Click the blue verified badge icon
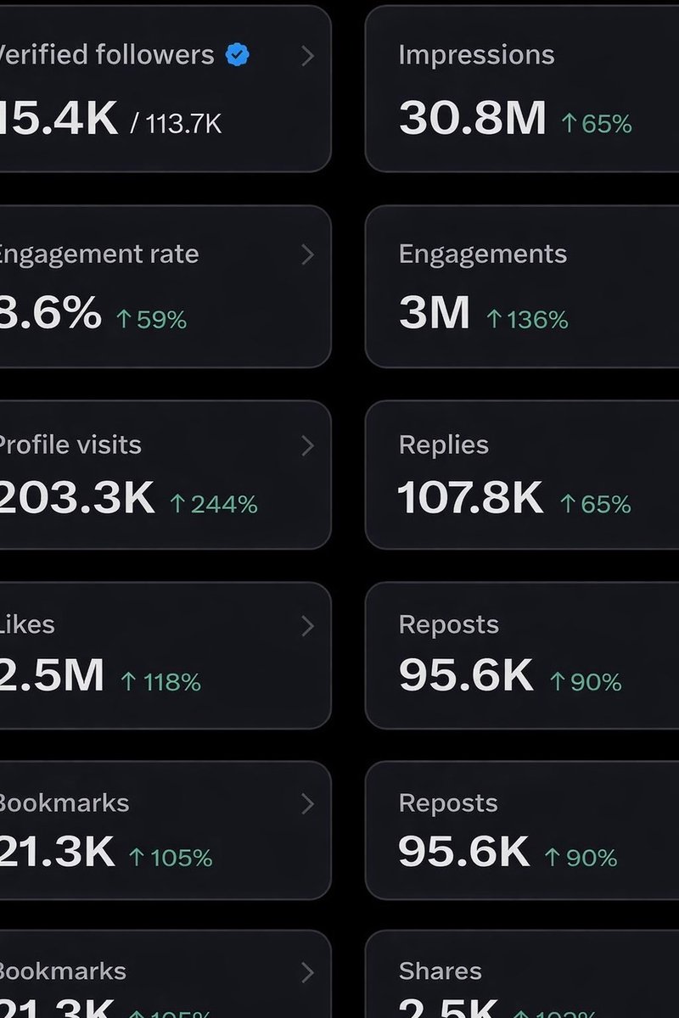[x=238, y=56]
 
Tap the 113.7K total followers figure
[x=184, y=125]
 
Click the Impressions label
[x=476, y=55]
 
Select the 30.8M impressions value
[x=473, y=119]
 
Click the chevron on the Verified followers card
[x=307, y=56]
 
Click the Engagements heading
[x=482, y=255]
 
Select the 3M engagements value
[x=434, y=314]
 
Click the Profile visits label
[x=70, y=445]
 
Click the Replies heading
[x=443, y=445]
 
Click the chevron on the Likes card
[x=307, y=626]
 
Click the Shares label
[x=440, y=971]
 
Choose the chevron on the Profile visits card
[x=307, y=446]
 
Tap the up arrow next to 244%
[x=177, y=505]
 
